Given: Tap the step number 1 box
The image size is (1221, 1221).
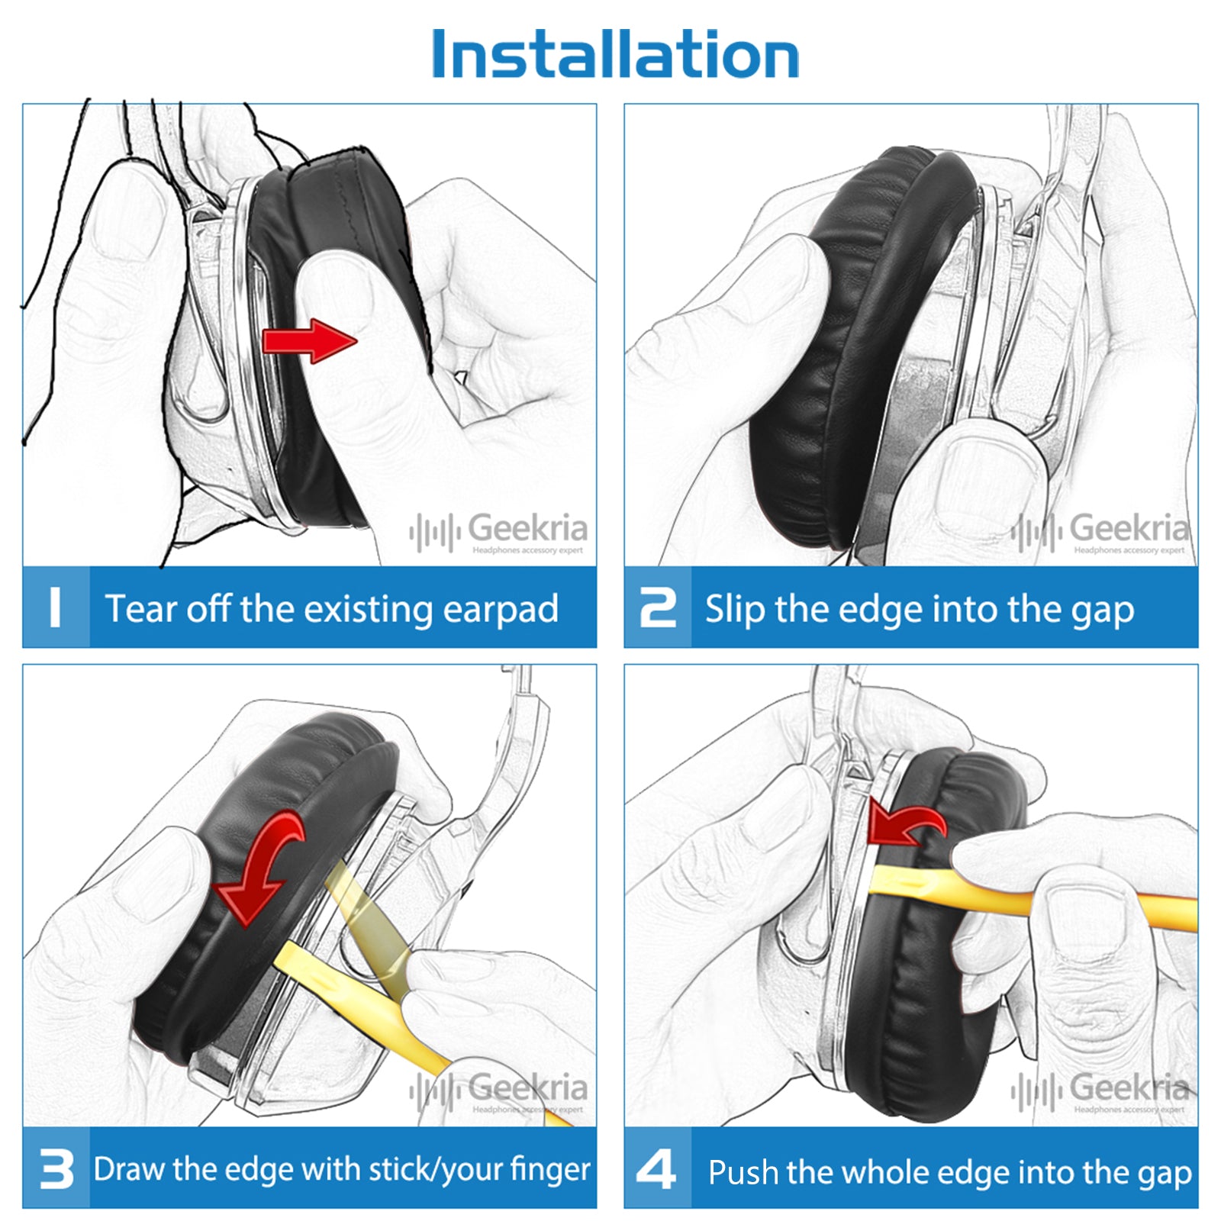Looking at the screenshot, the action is click(56, 607).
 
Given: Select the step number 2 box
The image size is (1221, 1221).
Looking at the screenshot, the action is click(658, 607).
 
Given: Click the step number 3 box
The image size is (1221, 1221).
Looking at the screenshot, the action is click(56, 1168).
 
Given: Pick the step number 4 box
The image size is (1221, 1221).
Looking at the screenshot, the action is click(658, 1168).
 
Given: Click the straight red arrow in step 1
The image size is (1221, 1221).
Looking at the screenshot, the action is click(309, 340).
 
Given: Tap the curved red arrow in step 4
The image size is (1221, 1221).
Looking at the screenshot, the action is click(907, 824).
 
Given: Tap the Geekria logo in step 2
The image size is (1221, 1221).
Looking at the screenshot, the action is click(1100, 531).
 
